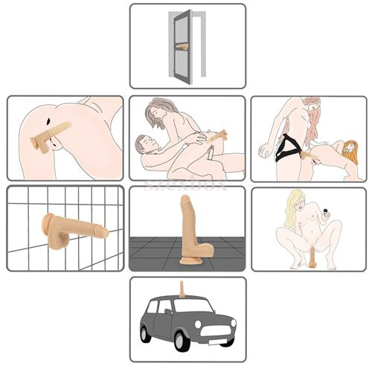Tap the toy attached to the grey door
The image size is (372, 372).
tap(183, 47)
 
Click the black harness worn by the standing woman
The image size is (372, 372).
tap(286, 153)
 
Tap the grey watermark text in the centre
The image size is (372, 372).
tap(186, 182)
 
